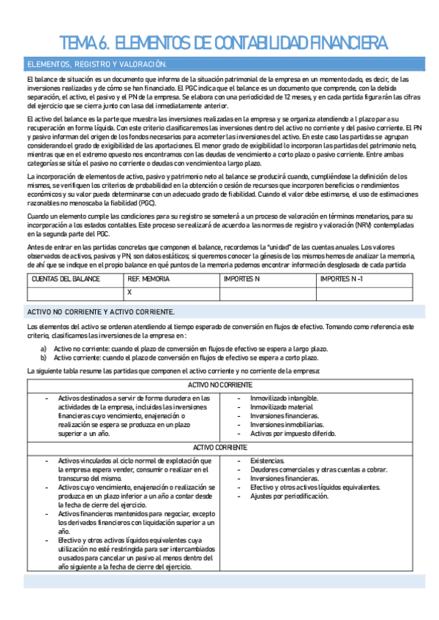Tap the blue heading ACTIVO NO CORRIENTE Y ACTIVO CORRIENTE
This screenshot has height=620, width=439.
click(x=100, y=311)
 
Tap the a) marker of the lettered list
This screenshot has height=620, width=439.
click(x=44, y=349)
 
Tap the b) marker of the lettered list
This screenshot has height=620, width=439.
click(x=44, y=358)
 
